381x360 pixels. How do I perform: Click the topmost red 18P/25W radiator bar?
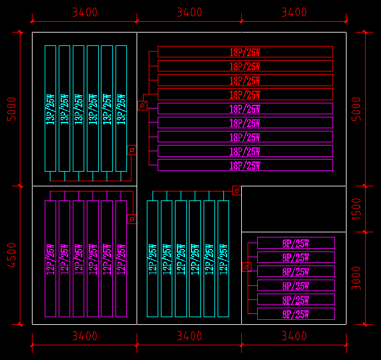pyautogui.click(x=245, y=52)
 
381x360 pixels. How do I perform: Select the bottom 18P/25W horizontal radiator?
pyautogui.click(x=245, y=165)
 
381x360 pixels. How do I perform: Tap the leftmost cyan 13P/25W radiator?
pyautogui.click(x=50, y=108)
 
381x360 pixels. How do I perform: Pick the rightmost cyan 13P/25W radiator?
pyautogui.click(x=121, y=108)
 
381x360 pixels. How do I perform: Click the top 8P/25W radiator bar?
pyautogui.click(x=295, y=243)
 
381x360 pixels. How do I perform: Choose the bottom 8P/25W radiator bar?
pyautogui.click(x=295, y=313)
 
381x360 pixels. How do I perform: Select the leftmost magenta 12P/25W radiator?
pyautogui.click(x=50, y=259)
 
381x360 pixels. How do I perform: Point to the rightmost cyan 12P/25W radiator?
pyautogui.click(x=223, y=259)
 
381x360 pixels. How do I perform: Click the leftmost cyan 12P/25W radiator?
pyautogui.click(x=153, y=259)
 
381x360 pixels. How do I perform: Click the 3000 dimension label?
pyautogui.click(x=357, y=278)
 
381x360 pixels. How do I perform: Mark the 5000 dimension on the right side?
pyautogui.click(x=357, y=109)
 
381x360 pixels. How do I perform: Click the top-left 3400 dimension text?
pyautogui.click(x=84, y=12)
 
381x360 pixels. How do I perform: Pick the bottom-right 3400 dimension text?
pyautogui.click(x=294, y=336)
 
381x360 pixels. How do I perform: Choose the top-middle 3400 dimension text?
pyautogui.click(x=189, y=12)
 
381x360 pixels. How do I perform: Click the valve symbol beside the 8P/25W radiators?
pyautogui.click(x=248, y=267)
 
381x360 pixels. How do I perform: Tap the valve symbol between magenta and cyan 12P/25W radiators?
pyautogui.click(x=131, y=219)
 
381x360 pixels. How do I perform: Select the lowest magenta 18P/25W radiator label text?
pyautogui.click(x=245, y=166)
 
